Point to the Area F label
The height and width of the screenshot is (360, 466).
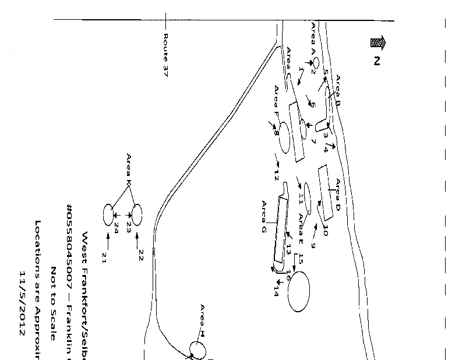[277, 100]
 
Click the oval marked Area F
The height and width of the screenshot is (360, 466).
[284, 137]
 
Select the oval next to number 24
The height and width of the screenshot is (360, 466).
[108, 214]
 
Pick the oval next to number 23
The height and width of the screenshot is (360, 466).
[137, 214]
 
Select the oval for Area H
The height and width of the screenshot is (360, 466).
[197, 350]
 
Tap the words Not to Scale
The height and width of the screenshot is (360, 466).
[54, 303]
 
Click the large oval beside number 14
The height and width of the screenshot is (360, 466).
[299, 290]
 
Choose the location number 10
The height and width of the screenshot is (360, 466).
[326, 230]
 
